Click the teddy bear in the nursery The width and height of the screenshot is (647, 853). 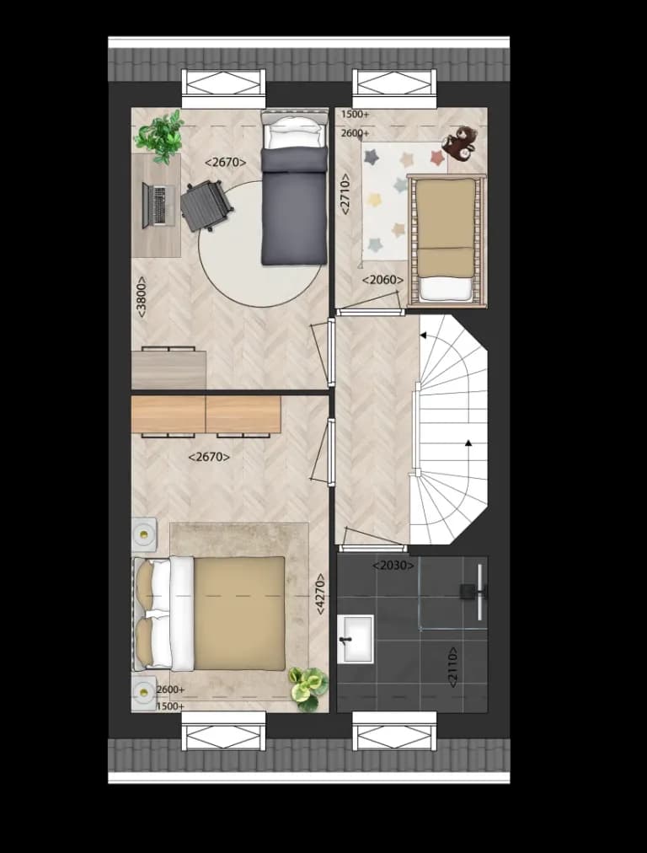[x=459, y=143]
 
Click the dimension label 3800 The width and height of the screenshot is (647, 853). [x=142, y=298]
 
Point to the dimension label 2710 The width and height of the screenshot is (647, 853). [x=345, y=194]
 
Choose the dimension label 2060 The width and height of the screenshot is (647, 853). [x=383, y=280]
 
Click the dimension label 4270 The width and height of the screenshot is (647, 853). [x=320, y=594]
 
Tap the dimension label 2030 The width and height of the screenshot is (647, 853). [x=393, y=566]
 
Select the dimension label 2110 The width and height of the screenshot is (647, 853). [x=452, y=667]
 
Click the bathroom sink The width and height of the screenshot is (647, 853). [x=355, y=639]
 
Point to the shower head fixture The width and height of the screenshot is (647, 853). [x=473, y=592]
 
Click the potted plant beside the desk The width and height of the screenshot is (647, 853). [x=159, y=136]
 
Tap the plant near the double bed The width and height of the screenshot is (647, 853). [x=308, y=688]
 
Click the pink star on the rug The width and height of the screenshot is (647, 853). [x=437, y=158]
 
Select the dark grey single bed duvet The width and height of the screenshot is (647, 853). [x=295, y=207]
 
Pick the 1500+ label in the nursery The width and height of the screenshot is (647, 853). [x=355, y=115]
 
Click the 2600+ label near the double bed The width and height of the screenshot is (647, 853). [x=170, y=689]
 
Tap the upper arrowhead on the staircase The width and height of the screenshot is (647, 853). [x=423, y=336]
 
